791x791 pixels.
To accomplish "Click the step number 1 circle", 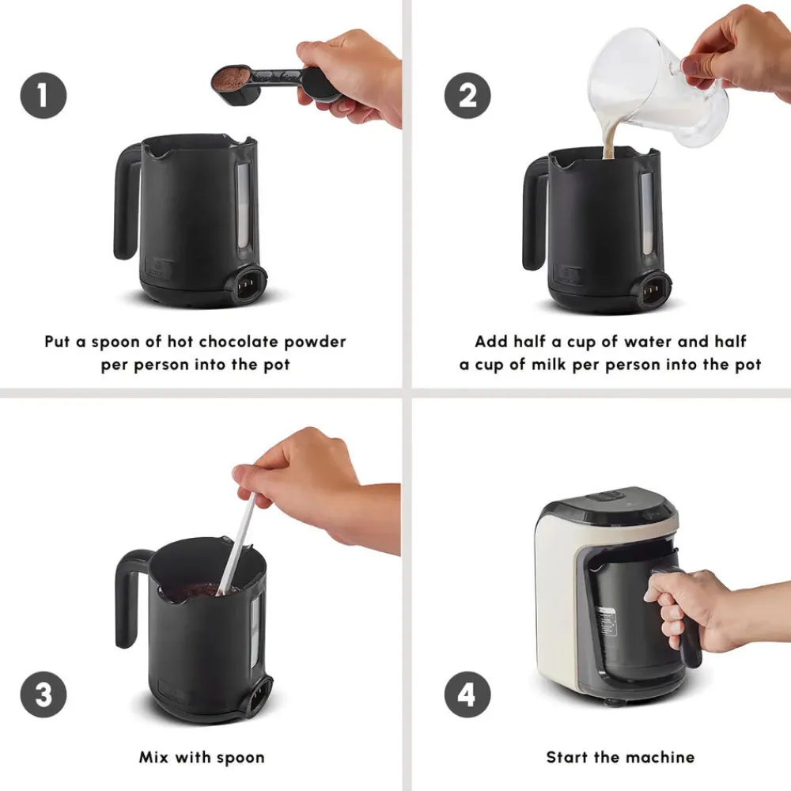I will (x=43, y=96).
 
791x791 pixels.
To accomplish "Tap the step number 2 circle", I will (x=467, y=96).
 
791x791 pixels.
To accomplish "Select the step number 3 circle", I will (x=43, y=695).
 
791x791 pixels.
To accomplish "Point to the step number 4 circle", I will (x=467, y=695).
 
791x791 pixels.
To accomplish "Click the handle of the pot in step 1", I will (x=127, y=202).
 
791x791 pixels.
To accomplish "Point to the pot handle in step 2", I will (x=535, y=214).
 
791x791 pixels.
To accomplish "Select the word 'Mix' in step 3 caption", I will (x=155, y=757).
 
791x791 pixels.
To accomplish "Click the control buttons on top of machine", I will (x=605, y=498).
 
